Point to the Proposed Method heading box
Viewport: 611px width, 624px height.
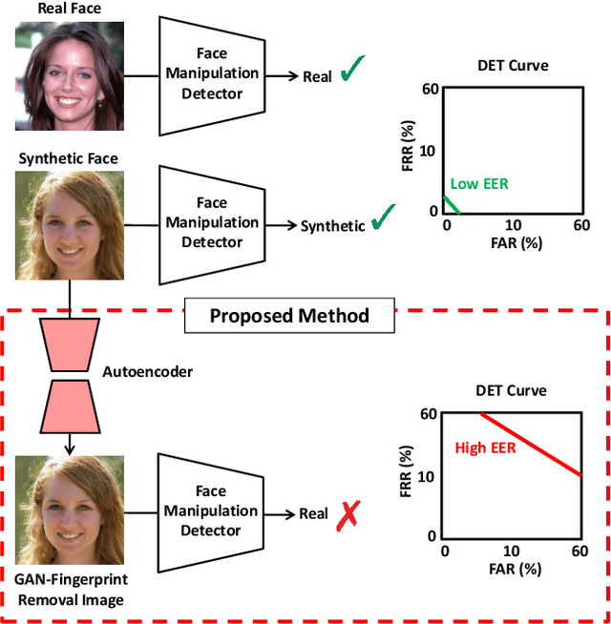[x=288, y=315]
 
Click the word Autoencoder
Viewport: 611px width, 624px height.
[x=147, y=371]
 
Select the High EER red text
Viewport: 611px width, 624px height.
[x=485, y=447]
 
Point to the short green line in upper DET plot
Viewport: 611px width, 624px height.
[x=453, y=204]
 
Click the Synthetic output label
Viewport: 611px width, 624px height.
[x=332, y=226]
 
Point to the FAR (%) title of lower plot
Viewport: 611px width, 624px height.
[x=512, y=570]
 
